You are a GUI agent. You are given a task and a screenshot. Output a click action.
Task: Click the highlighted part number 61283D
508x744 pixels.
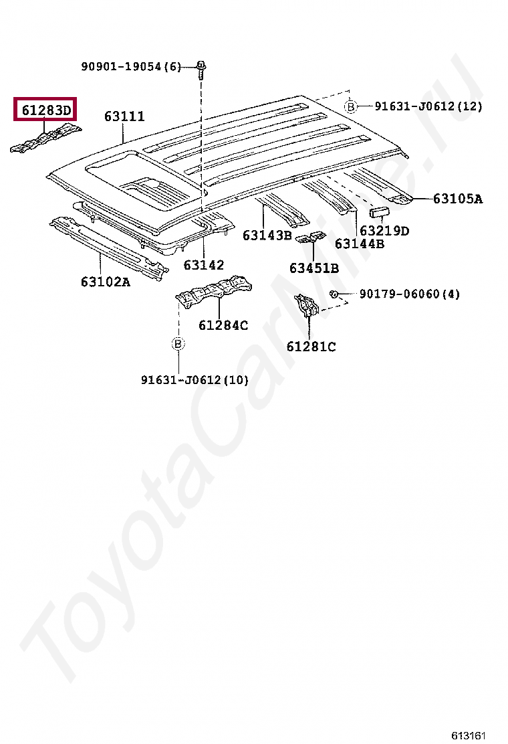(45, 109)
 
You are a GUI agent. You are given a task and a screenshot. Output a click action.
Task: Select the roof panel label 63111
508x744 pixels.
(124, 117)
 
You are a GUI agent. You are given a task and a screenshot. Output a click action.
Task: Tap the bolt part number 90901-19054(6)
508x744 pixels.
(131, 67)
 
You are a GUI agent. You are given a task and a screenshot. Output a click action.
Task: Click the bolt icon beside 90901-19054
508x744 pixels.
(201, 66)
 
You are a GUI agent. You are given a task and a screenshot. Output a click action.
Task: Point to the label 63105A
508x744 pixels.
(457, 199)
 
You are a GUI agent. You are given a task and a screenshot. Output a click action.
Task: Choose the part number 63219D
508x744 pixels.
(384, 231)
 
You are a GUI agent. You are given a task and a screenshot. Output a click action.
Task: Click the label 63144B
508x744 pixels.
(360, 244)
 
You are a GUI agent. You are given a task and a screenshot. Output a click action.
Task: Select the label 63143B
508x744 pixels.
(267, 236)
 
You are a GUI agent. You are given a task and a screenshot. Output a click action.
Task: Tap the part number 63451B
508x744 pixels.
(313, 268)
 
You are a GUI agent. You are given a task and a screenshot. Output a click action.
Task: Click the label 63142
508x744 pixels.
(204, 265)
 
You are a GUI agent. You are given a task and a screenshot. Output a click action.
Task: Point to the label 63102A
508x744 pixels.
(106, 282)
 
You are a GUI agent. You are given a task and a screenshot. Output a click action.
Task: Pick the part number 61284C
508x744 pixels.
(223, 326)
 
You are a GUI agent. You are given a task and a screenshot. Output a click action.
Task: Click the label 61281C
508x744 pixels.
(311, 347)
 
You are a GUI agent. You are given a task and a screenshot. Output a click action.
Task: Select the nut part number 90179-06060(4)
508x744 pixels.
(410, 294)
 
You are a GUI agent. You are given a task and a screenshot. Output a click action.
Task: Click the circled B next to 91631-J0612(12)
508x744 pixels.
(351, 106)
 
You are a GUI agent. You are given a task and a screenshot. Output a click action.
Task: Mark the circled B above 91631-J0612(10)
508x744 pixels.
(178, 344)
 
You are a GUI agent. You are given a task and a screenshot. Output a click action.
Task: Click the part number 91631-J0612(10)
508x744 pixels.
(195, 380)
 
